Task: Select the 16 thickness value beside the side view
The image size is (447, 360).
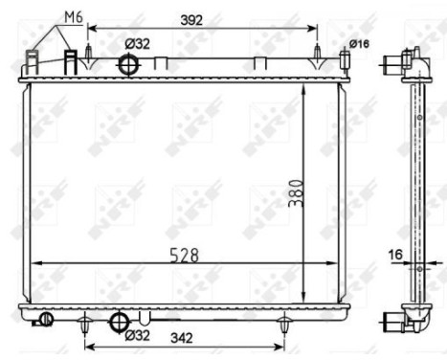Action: tap(396, 256)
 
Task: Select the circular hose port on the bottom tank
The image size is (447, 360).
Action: tap(120, 322)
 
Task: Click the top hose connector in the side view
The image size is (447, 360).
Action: tap(395, 64)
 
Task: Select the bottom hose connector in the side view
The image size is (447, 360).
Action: tap(395, 322)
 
